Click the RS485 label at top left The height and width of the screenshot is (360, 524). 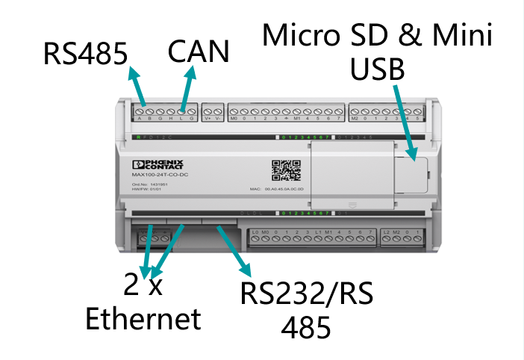(84, 53)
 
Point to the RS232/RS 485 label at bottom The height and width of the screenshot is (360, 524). (306, 309)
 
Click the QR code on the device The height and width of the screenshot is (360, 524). (286, 170)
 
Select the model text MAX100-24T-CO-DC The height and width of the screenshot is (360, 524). (152, 175)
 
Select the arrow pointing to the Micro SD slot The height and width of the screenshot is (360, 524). (402, 120)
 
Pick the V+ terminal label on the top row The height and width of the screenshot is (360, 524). (208, 119)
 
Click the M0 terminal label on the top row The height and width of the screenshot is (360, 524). (234, 119)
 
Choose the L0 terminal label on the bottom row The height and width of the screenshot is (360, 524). (255, 234)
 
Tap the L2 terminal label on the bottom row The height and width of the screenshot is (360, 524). (385, 234)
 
